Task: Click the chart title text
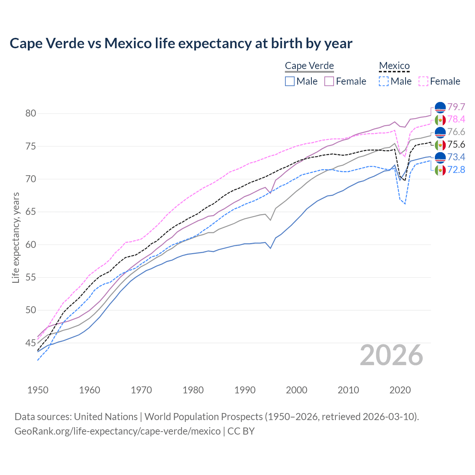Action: [181, 43]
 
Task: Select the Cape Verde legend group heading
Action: [309, 66]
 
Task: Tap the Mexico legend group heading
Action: [394, 66]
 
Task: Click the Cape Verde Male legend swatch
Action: [290, 81]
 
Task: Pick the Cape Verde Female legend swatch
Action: [329, 81]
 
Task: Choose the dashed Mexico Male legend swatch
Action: [384, 81]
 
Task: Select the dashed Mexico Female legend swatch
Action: [423, 81]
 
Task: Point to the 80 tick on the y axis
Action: [30, 114]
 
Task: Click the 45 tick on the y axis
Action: [30, 343]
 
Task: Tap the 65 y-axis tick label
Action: [30, 212]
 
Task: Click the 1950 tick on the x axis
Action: [38, 390]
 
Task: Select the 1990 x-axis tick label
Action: [245, 390]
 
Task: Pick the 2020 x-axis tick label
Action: [400, 390]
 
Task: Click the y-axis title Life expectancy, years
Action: [16, 237]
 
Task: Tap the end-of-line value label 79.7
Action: [456, 107]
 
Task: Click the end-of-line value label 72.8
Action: [456, 170]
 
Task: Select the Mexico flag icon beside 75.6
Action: [440, 145]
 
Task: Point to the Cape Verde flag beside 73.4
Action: [440, 157]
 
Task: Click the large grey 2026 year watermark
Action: [392, 355]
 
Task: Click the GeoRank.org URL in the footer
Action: [117, 431]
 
